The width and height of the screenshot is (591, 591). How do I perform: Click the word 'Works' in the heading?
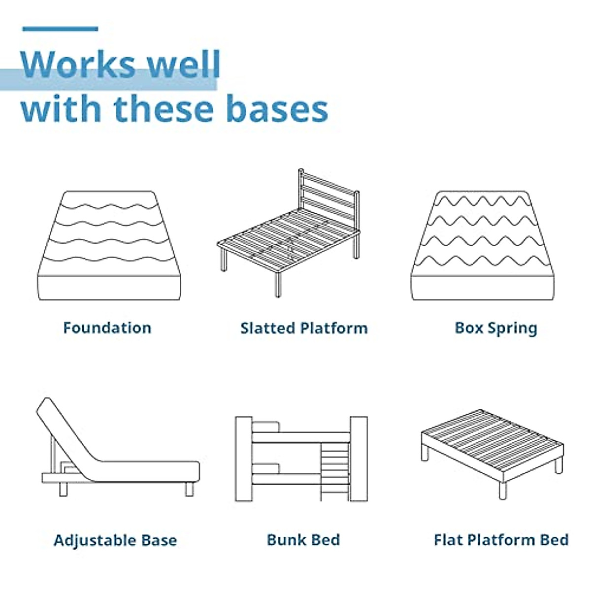79,64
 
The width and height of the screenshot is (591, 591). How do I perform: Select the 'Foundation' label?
107,328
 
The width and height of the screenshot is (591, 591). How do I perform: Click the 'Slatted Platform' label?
304,328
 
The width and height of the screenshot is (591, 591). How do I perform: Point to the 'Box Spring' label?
496,328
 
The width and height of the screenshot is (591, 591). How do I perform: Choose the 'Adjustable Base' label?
115,540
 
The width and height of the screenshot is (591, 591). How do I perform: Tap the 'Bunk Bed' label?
303,540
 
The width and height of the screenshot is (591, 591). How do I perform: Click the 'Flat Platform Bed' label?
501,540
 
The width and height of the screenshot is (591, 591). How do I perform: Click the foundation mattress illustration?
109,246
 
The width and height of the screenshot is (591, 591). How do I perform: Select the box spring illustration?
484,246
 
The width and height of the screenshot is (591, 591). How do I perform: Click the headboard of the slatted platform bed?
329,197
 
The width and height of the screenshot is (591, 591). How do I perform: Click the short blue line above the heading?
60,29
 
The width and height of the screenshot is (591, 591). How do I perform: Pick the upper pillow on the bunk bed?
266,427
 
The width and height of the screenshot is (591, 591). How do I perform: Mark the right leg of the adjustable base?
189,489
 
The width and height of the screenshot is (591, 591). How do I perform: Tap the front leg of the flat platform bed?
502,491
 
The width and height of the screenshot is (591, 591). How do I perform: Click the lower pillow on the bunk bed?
266,469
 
